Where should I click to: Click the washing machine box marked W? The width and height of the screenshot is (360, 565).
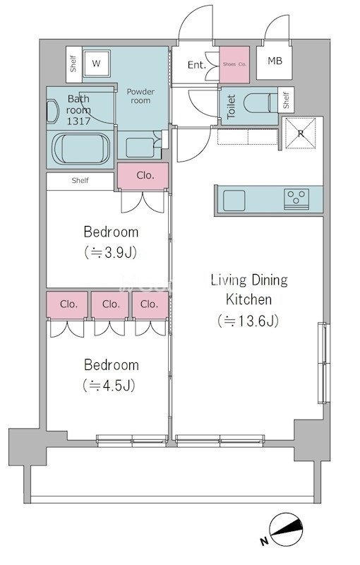(x=96, y=64)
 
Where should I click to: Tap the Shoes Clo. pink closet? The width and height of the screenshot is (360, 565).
(x=234, y=64)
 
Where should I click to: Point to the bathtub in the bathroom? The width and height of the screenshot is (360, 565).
(x=80, y=149)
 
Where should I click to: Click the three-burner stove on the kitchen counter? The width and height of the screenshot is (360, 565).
(x=296, y=199)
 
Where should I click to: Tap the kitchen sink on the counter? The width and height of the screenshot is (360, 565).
(x=234, y=201)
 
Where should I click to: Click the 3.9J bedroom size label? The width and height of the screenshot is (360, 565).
(x=111, y=253)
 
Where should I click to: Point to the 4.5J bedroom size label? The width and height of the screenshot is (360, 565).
(x=109, y=386)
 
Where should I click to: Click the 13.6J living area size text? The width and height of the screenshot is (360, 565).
(x=248, y=321)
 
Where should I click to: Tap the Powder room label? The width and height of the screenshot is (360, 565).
(x=140, y=96)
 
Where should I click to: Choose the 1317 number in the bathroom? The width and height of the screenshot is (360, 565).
(x=78, y=121)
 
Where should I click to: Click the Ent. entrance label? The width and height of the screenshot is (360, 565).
(x=196, y=65)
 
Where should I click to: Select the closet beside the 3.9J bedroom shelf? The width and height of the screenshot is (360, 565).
(x=143, y=176)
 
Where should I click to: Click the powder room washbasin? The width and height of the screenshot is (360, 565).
(x=140, y=148)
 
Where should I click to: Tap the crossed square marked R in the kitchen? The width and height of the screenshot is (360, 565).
(x=300, y=133)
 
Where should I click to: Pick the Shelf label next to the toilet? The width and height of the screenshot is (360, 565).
(x=286, y=100)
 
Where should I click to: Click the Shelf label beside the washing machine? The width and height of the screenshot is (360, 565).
(x=73, y=64)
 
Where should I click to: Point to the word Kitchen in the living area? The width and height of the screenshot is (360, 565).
(x=248, y=299)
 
